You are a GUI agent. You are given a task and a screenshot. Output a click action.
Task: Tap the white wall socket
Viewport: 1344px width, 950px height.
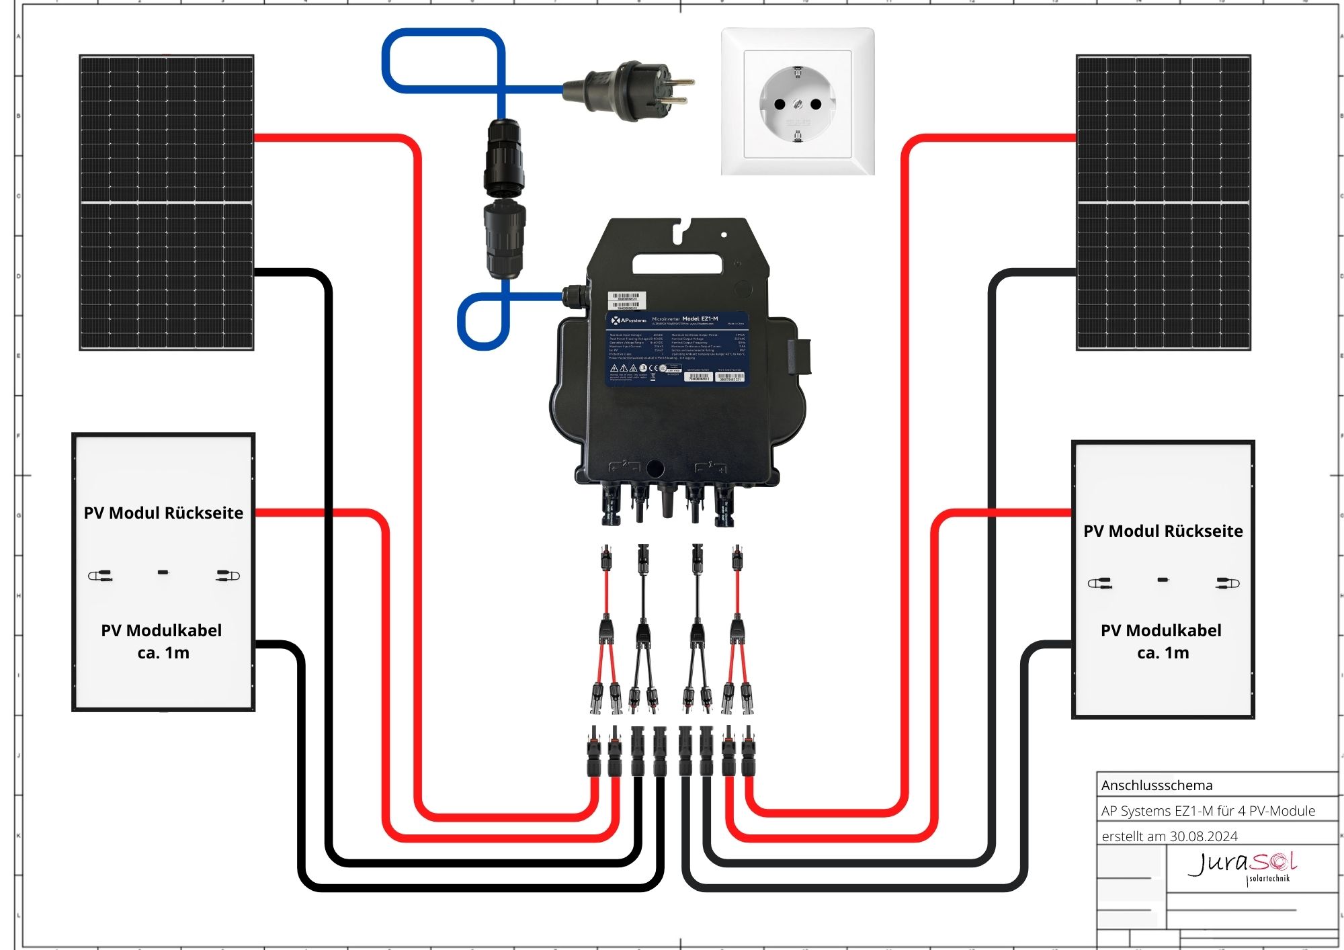(798, 102)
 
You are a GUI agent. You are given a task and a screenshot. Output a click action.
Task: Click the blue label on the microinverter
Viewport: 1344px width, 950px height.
(677, 348)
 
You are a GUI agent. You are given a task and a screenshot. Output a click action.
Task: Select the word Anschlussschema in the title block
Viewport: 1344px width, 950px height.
(1157, 785)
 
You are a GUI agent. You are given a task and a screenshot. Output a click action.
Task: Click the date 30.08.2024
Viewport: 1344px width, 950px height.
(1204, 836)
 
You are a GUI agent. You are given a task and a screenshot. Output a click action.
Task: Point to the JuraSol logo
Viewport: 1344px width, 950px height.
(1242, 867)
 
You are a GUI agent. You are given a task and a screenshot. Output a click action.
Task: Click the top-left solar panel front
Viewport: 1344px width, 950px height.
(167, 202)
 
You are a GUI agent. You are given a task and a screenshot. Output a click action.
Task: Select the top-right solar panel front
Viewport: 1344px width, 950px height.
(1163, 202)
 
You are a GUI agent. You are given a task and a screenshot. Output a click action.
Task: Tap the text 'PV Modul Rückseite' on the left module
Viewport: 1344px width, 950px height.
(163, 513)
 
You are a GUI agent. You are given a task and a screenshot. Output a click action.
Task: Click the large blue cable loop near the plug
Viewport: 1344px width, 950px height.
(443, 60)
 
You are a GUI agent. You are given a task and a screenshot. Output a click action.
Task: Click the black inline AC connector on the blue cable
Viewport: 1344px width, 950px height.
(503, 198)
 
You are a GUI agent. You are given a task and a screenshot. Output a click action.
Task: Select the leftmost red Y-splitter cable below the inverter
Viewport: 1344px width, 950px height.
(606, 632)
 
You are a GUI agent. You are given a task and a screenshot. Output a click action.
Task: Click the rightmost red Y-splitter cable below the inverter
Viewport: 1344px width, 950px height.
(737, 632)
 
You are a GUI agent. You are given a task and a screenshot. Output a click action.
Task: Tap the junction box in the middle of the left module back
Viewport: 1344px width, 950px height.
(163, 572)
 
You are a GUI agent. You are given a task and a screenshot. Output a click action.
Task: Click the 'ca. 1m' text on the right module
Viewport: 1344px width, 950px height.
(1163, 653)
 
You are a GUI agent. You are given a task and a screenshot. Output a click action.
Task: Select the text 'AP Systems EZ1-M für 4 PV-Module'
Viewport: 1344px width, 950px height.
(1208, 811)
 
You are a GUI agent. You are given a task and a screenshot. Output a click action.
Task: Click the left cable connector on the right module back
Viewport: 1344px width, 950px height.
(1099, 583)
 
